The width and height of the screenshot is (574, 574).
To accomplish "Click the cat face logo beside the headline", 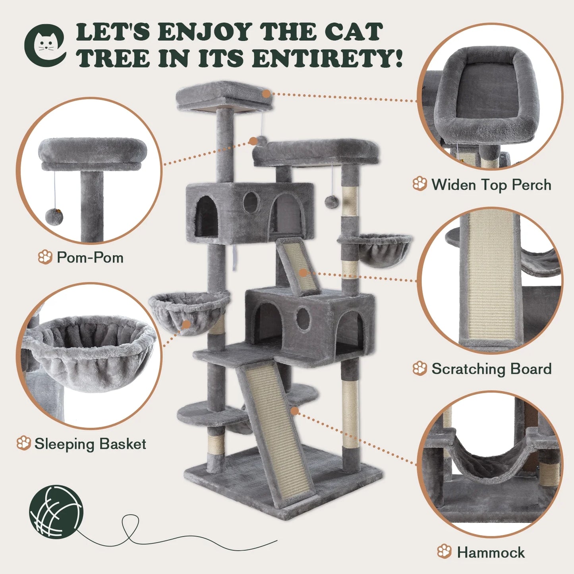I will (x=45, y=45).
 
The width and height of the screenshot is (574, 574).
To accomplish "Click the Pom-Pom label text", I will (x=90, y=257).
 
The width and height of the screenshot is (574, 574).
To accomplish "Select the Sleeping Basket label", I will (x=90, y=444).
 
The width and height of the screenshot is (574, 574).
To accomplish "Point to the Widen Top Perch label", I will (x=491, y=185).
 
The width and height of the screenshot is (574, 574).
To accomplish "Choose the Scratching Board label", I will (x=491, y=369).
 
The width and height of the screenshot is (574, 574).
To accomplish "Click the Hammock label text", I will (x=491, y=552).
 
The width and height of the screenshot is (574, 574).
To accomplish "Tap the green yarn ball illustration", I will (x=56, y=511).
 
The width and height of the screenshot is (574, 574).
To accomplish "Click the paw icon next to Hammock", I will (x=444, y=551).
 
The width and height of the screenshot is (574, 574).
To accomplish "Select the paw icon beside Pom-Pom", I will (x=45, y=257).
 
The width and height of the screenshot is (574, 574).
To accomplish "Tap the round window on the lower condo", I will (x=303, y=318).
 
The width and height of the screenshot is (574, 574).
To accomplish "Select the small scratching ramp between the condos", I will (x=299, y=266).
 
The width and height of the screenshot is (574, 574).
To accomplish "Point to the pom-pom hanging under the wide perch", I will (x=331, y=201).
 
